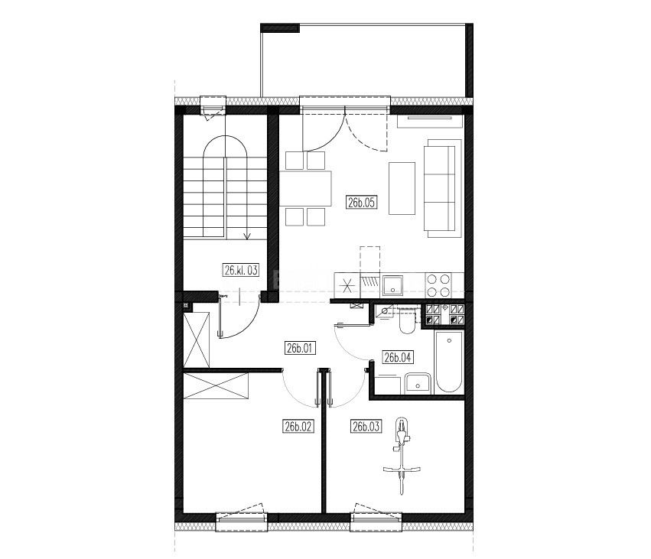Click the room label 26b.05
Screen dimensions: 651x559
362,203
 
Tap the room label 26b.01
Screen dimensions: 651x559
299,348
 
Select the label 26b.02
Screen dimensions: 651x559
298,426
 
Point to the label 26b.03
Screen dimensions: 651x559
366,426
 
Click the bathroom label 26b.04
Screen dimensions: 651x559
398,357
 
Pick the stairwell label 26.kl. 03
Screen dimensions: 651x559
241,271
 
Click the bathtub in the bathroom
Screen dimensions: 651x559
449,362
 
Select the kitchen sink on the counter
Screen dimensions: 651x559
392,284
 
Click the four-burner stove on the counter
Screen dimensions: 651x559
438,284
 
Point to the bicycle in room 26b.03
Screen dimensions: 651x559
402,456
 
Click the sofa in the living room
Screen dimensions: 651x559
443,188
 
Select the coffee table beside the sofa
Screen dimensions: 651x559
402,188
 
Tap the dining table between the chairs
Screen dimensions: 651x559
305,188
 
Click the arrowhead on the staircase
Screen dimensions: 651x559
247,236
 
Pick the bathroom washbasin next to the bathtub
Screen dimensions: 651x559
418,383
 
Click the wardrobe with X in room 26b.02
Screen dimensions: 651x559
216,386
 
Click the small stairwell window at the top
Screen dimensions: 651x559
213,106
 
